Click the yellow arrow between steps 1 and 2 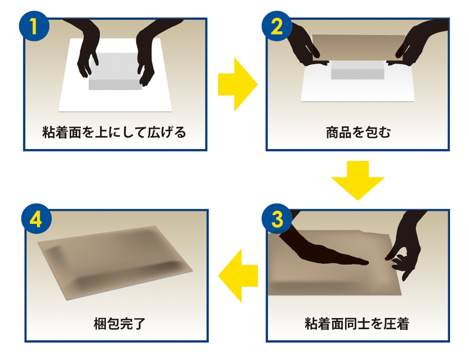(237, 84)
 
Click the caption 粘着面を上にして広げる (114, 133)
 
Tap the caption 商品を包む (358, 133)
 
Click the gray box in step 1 (115, 75)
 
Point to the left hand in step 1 (88, 50)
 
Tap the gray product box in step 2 (357, 71)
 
